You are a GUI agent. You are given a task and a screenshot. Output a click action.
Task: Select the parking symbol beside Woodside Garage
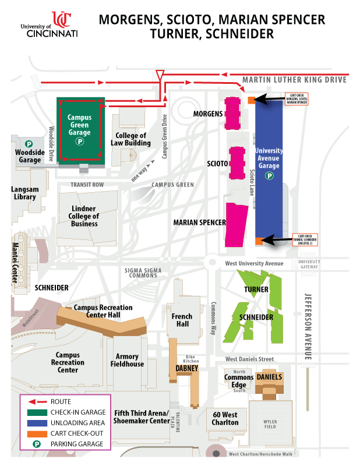(x=29, y=143)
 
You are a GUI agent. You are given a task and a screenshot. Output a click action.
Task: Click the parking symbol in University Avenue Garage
(x=269, y=175)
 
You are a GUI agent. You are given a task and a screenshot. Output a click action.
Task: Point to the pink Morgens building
(x=234, y=113)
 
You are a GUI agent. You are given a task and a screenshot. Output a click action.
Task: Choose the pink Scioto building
(x=237, y=164)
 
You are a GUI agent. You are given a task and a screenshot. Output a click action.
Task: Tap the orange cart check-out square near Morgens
(x=251, y=100)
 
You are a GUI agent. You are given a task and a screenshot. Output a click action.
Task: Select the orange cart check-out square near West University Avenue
(x=258, y=240)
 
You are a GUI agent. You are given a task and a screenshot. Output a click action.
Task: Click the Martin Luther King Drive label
(x=294, y=79)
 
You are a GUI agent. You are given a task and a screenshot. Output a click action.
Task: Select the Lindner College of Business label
(x=84, y=216)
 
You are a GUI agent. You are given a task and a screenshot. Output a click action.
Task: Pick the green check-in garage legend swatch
(x=35, y=412)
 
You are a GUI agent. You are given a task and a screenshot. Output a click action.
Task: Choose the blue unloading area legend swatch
(x=35, y=422)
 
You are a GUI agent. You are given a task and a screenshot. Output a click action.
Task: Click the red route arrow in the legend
(x=35, y=402)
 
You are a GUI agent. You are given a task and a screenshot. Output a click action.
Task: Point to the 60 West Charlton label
(x=225, y=418)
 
